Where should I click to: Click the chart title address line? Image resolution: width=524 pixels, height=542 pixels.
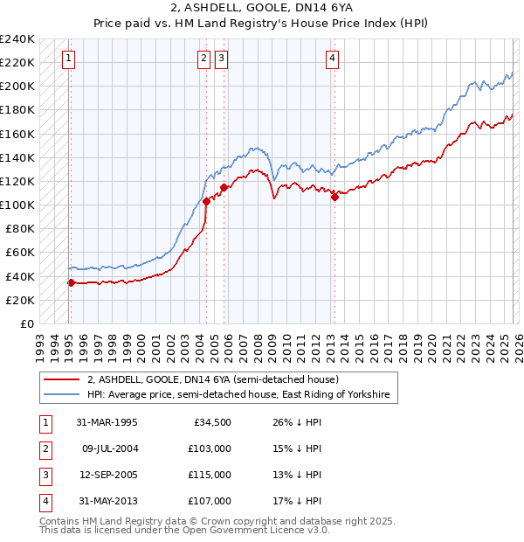(261, 8)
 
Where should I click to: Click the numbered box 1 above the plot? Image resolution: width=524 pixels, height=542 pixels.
(69, 59)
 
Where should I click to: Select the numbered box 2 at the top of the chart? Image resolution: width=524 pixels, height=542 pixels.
(203, 59)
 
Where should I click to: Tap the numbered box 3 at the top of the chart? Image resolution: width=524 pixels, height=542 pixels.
(222, 59)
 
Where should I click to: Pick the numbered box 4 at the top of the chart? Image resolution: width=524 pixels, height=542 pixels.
(333, 59)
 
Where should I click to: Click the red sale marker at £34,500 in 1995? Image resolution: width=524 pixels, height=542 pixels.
(71, 282)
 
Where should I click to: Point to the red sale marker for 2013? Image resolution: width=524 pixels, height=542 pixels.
(334, 197)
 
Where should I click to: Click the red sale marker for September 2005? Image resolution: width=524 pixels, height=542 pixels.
(224, 187)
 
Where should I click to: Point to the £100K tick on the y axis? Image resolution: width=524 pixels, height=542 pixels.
(17, 205)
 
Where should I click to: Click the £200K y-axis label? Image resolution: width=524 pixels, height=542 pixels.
(17, 86)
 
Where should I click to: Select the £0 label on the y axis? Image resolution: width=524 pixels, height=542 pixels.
(25, 323)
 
